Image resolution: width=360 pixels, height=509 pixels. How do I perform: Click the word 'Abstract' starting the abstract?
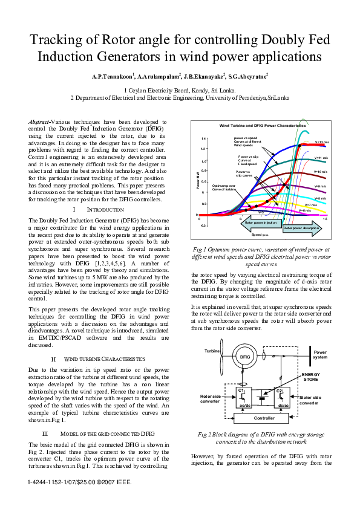point(39,122)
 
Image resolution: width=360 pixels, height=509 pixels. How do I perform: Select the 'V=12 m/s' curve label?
point(321,142)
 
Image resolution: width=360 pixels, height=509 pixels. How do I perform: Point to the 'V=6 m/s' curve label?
point(305,210)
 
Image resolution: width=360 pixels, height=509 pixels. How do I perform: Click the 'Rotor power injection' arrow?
point(260,222)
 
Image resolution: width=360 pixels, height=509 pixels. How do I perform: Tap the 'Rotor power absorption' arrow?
point(301,228)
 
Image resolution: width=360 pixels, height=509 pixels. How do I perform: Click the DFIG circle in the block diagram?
point(244,357)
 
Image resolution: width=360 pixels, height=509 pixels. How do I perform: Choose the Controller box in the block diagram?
point(263,418)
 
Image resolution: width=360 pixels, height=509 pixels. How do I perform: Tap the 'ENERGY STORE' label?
point(310,377)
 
